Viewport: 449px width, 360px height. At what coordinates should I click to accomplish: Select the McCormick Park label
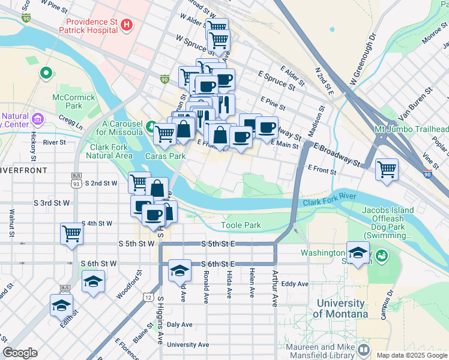[x=74, y=101]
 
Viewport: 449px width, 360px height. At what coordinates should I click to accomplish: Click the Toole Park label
[x=240, y=225]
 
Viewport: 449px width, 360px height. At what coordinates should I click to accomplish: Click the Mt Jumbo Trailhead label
[x=411, y=130]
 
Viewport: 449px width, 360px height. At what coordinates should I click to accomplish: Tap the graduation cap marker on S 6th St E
[x=179, y=270]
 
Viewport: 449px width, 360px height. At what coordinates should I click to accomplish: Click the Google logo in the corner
[x=20, y=353]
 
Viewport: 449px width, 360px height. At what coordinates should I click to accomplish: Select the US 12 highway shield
[x=148, y=297]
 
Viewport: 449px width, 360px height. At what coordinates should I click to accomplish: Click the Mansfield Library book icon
[x=363, y=349]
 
